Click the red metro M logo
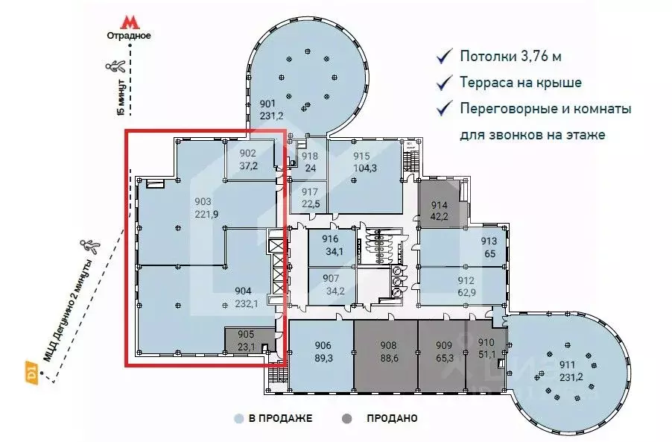(130, 21)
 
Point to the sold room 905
(245, 341)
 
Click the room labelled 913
(488, 247)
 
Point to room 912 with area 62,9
(466, 286)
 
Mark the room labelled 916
(330, 244)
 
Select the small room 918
(309, 161)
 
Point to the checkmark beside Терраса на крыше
(445, 82)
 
